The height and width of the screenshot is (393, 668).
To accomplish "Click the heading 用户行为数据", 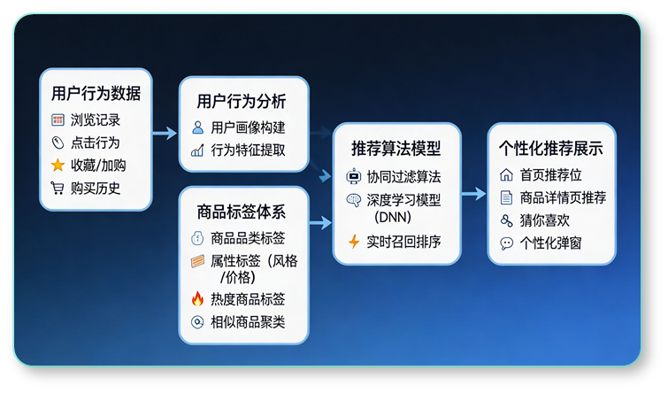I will point(96,94).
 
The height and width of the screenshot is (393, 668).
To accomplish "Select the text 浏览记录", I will point(96,119).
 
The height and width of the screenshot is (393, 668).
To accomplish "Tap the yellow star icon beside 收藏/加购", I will point(58,165).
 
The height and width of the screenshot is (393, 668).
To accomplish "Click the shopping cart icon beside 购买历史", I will point(58,188).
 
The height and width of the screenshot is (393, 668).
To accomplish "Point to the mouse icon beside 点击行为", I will point(58,142).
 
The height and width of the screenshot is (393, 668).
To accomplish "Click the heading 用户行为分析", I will point(241,100).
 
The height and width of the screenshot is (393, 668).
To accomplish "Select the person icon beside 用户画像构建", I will point(197,127).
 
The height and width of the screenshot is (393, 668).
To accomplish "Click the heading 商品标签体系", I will point(241,212).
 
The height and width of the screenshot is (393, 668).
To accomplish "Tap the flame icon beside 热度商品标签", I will point(197,299).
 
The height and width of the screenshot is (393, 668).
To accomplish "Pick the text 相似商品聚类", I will point(248,322).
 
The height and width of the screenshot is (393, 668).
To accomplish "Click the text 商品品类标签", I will point(248,238).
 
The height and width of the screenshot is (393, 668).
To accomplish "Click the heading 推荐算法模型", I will point(395,148).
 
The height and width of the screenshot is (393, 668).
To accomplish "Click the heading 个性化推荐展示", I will point(551,148).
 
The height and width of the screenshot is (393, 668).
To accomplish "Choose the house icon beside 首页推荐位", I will point(506,175).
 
